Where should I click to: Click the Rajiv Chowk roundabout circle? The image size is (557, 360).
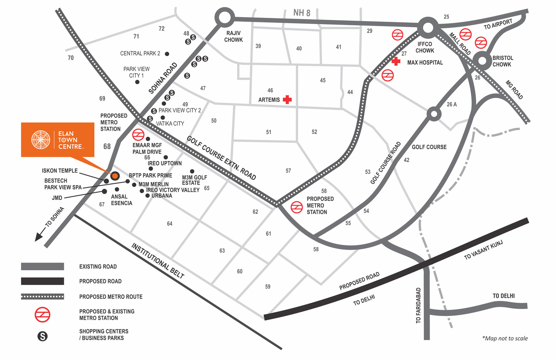point(224,18)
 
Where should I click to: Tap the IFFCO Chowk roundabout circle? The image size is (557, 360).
point(428,27)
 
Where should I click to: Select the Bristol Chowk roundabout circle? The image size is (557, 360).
point(483,60)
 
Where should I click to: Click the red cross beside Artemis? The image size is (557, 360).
point(287,99)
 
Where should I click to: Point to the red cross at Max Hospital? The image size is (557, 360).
point(396,61)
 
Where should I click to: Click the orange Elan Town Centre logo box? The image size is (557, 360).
point(58,140)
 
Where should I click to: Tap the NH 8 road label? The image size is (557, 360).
point(301,13)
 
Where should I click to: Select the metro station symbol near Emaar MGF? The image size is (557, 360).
point(138,135)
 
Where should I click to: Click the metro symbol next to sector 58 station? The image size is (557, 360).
point(297,207)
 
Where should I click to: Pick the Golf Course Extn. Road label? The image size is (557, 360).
point(221,158)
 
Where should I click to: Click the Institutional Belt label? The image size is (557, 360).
point(158,260)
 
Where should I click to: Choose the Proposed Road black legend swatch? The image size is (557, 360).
point(42,281)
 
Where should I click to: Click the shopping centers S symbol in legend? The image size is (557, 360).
point(42,336)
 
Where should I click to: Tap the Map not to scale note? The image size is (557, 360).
point(505,338)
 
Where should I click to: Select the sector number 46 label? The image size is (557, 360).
point(270,90)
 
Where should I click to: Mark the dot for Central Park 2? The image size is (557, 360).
point(167,54)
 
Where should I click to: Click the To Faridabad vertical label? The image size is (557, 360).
point(418,305)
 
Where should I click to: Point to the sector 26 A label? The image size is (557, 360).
point(452,104)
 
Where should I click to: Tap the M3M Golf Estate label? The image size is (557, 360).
point(194,180)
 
